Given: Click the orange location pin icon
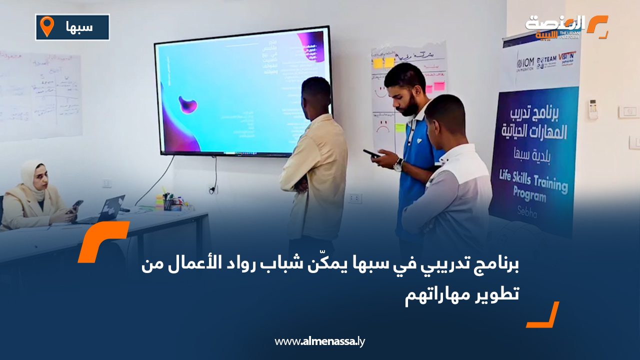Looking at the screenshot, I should coord(46,26).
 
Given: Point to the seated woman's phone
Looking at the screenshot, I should coord(76,205).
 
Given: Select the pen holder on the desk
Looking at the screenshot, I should coord(168,203).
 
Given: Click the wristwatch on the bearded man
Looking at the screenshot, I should coord(398,164).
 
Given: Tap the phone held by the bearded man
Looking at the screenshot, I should coord(371,153).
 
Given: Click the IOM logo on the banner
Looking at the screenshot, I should coord(524,63).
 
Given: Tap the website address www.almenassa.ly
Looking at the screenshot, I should coord(319,341).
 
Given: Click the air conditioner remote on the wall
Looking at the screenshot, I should coord(593,109).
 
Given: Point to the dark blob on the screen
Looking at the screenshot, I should coord(187,104).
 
